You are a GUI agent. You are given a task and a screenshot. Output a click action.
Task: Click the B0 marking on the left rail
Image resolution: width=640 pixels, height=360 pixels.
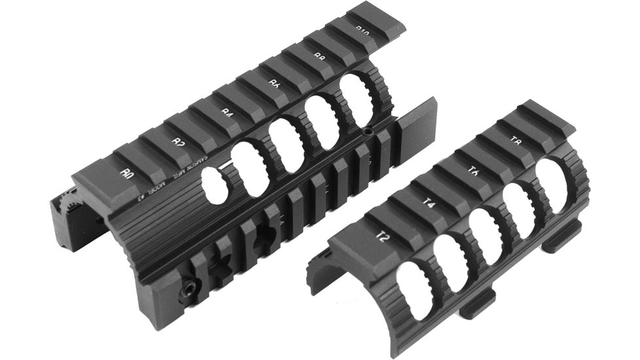pos(128,173)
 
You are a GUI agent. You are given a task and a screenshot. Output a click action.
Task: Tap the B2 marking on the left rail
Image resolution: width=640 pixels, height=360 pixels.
pos(177,141)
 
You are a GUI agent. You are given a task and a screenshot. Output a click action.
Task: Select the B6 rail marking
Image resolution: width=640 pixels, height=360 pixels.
pos(275,84)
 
